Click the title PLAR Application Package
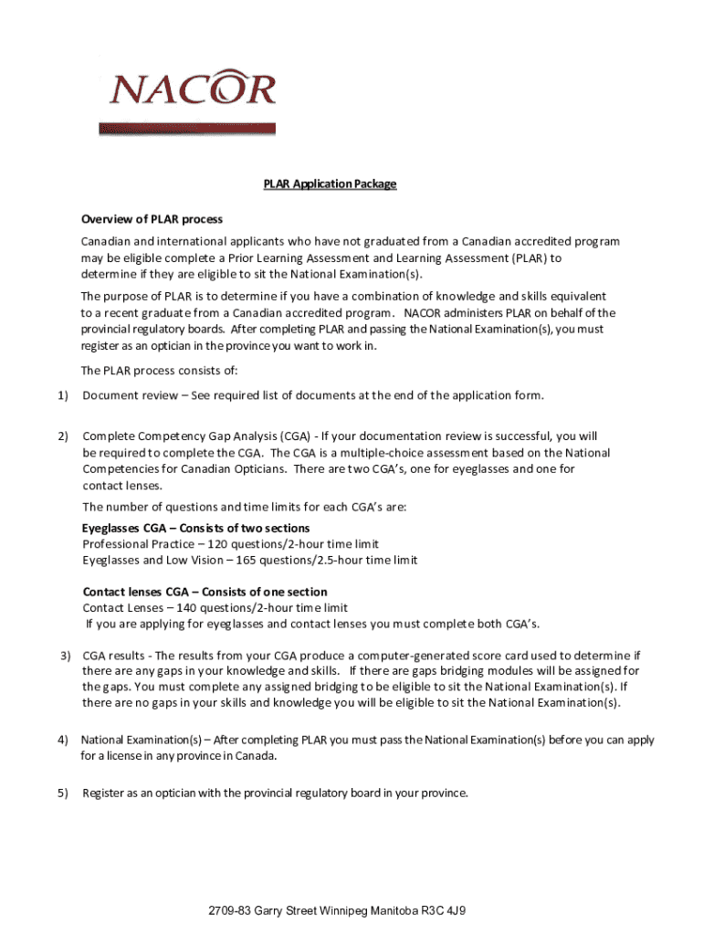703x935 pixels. click(x=331, y=184)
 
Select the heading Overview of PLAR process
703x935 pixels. click(x=152, y=220)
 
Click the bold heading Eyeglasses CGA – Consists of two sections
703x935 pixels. click(x=196, y=529)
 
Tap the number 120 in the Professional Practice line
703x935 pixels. click(x=220, y=544)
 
